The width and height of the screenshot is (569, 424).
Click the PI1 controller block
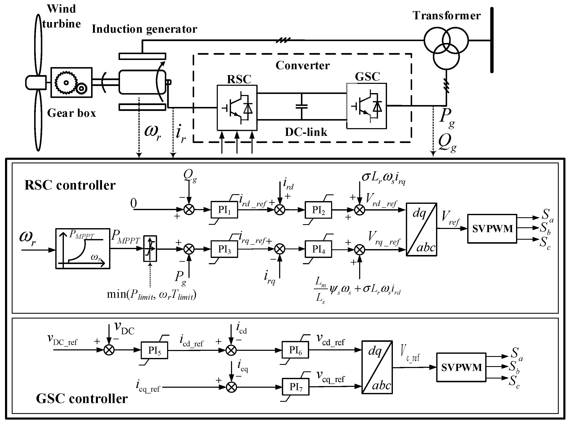(x=224, y=210)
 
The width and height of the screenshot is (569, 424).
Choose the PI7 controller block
(x=295, y=386)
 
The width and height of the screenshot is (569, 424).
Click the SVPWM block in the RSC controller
(x=492, y=228)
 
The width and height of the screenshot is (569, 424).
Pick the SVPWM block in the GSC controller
(x=461, y=367)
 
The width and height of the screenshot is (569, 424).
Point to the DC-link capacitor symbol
(x=302, y=107)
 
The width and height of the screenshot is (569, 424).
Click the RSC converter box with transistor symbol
(x=237, y=108)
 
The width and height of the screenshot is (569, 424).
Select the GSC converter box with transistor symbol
(x=366, y=106)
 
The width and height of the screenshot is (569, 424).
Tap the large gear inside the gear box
(x=66, y=83)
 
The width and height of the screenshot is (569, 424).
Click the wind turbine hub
(x=35, y=82)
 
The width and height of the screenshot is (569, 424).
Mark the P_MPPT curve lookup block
(x=83, y=248)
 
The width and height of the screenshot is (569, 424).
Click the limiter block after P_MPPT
(x=150, y=248)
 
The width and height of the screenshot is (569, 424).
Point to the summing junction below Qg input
(x=189, y=210)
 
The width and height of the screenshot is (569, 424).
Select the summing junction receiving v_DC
(x=109, y=350)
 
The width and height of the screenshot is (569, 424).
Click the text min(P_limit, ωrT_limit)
(x=151, y=294)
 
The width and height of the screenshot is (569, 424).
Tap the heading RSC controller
(x=70, y=185)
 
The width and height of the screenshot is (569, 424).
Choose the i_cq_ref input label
(x=148, y=386)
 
